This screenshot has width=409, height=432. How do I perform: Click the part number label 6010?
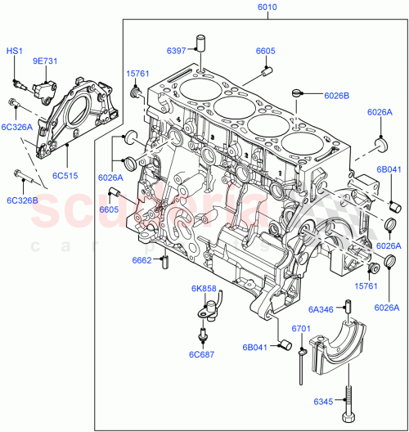(x=267, y=7)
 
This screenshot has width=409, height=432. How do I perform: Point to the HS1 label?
(x=15, y=51)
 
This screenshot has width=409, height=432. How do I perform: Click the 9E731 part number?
(x=45, y=61)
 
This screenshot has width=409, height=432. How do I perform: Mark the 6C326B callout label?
(x=24, y=200)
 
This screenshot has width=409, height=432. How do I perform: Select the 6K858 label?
(x=204, y=289)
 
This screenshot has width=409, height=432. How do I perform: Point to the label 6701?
(x=301, y=328)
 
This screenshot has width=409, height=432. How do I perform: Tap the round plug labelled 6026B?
(x=299, y=95)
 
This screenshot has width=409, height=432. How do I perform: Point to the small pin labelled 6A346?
(x=348, y=308)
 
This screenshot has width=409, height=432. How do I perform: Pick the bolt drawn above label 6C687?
(x=202, y=335)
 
